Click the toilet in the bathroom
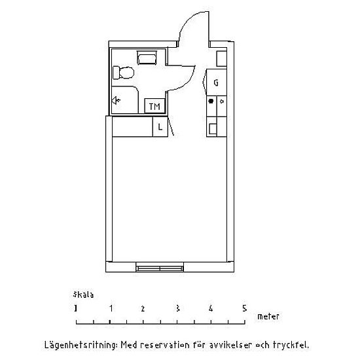123,73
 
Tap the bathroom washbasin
147,58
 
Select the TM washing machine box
154,106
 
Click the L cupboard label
160,126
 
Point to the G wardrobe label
216,82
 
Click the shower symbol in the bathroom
116,100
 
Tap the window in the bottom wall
160,267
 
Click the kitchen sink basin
213,129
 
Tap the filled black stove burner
211,101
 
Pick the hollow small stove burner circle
222,101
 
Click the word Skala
83,295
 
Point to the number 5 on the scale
245,308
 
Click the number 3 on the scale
177,308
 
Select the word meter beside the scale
268,316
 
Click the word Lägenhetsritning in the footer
81,345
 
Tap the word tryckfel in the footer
291,345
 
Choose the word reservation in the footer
164,345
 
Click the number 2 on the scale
143,308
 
